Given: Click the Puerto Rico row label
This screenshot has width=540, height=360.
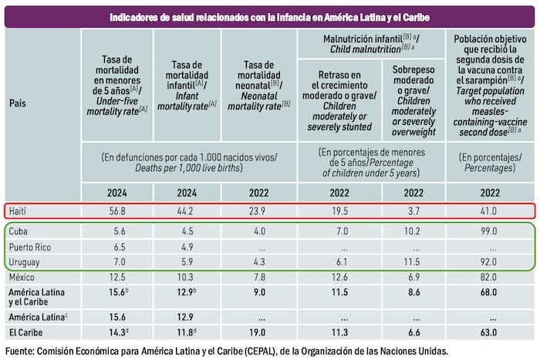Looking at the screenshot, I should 30,247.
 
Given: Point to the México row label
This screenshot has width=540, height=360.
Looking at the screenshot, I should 22,277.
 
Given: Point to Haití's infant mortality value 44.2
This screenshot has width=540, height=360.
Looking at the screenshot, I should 187,210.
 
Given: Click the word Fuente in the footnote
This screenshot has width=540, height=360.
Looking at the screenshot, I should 20,352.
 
